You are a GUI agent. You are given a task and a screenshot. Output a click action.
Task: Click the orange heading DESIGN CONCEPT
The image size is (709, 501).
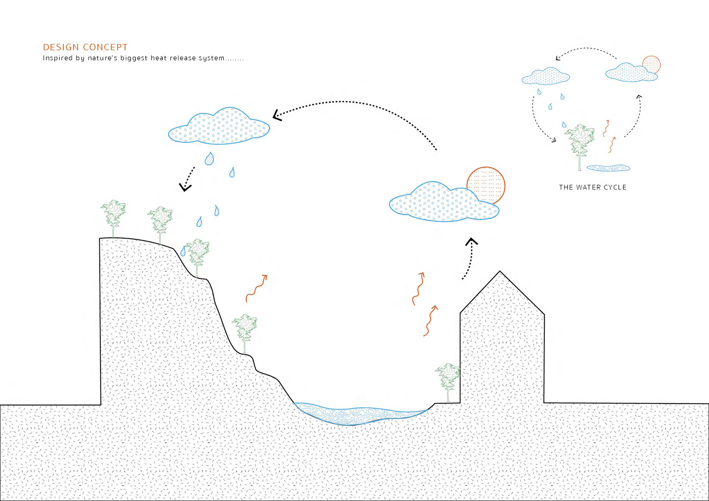click(85, 47)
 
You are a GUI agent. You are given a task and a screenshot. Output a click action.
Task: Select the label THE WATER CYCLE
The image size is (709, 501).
click(592, 187)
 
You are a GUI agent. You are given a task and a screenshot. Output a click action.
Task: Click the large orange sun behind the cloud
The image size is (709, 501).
click(489, 181)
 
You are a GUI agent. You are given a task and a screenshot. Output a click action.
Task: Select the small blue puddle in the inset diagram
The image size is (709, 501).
click(608, 168)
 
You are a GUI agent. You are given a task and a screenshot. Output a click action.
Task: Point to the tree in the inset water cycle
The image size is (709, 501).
click(580, 142)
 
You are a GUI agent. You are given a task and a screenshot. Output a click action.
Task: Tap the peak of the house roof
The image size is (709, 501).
click(500, 272)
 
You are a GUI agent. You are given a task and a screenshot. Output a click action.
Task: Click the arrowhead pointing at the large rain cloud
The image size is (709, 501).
click(277, 115)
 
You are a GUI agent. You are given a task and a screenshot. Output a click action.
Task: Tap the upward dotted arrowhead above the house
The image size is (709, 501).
click(471, 242)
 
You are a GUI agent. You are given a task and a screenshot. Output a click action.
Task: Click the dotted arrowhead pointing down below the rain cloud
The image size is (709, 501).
click(185, 187)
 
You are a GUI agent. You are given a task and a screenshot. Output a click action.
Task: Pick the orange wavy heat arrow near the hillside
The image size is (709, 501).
click(257, 288)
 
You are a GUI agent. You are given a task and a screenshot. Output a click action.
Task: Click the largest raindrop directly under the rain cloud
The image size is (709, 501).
click(209, 158)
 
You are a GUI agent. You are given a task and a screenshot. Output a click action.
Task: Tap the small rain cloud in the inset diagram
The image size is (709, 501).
click(545, 76)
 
